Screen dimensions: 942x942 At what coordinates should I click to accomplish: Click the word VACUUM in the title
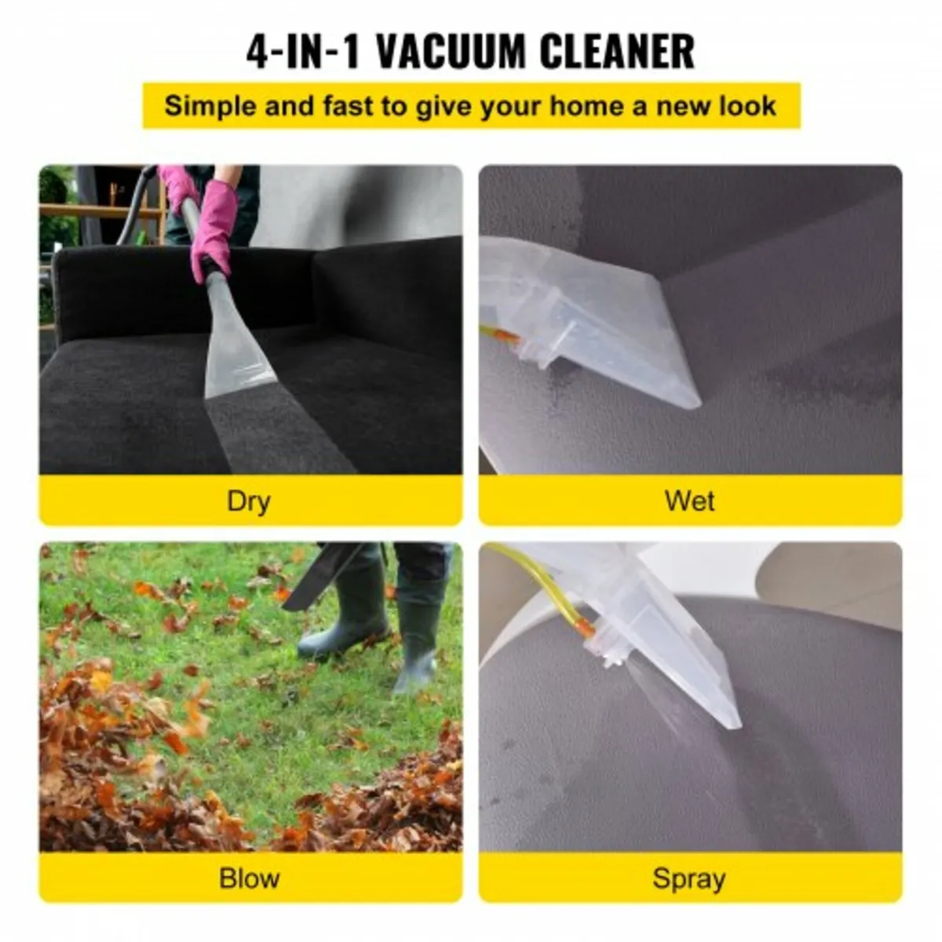point(450,52)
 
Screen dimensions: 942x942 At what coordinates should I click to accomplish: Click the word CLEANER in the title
point(617,52)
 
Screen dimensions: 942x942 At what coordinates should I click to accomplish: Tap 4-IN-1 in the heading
point(305,52)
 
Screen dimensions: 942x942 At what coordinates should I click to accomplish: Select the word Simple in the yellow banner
point(211,106)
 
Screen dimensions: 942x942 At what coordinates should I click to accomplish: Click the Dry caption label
point(249,501)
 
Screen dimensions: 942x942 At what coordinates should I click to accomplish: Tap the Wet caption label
point(689,501)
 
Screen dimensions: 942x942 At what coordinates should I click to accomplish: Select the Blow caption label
point(249,878)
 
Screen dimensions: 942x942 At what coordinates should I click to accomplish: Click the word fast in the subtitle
point(349,106)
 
